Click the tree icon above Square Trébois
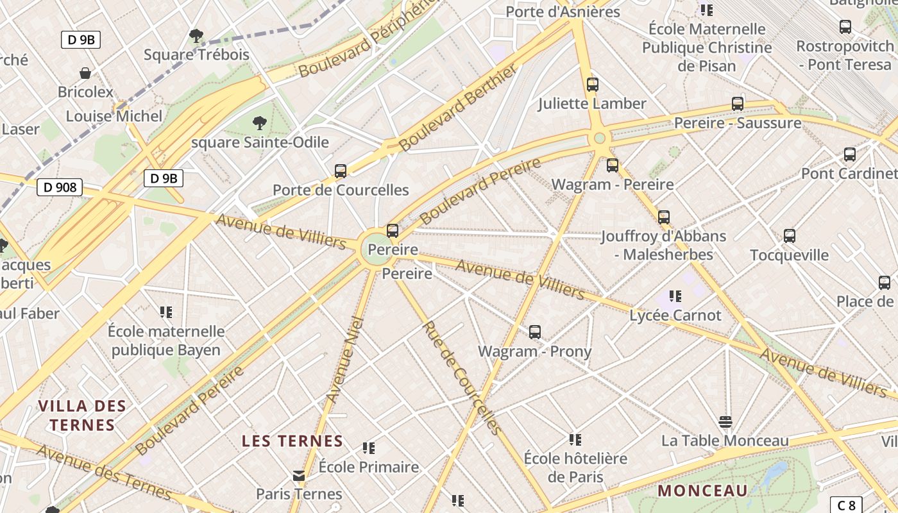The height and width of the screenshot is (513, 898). pos(196,36)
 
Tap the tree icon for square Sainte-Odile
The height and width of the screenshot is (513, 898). pos(260,122)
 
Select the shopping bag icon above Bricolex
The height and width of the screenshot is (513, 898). pos(85,73)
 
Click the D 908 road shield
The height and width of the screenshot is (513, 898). pos(60,187)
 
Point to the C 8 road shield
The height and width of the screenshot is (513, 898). pos(846,505)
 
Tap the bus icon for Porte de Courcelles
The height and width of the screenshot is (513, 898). pos(341,171)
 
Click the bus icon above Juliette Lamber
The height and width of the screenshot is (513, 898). pos(593,85)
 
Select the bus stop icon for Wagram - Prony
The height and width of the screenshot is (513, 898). pos(535,332)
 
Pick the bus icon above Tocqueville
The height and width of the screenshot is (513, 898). pos(790,236)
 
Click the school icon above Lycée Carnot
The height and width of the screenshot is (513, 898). pos(675,296)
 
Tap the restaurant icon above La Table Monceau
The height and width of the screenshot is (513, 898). pos(725,421)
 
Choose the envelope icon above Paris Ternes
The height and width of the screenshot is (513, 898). pos(299,475)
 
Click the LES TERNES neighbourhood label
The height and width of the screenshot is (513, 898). pos(292,441)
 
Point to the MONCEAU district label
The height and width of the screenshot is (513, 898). pos(703,491)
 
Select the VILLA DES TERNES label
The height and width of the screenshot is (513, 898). pos(82,415)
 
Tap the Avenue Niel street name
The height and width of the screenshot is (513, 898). pos(344,360)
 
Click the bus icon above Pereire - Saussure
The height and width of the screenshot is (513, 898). pos(738,104)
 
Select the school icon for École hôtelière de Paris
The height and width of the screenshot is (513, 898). pos(575,440)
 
